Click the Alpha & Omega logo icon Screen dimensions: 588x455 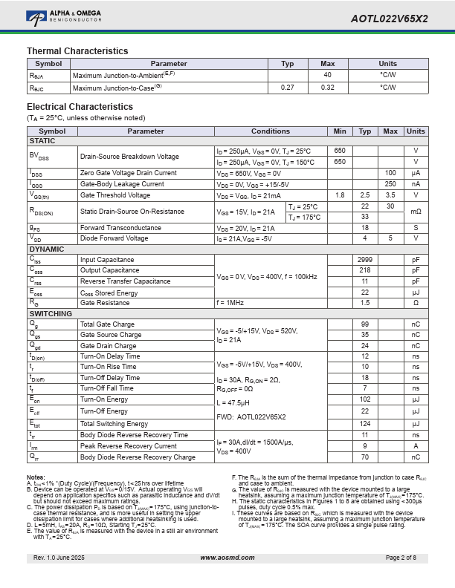tap(36, 16)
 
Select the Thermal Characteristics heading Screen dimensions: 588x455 tap(77, 50)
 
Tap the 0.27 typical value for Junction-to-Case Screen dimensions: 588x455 tap(287, 88)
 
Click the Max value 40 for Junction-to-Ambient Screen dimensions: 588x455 tap(327, 75)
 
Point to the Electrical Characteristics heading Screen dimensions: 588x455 tap(80, 107)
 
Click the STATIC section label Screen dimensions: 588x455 tap(42, 140)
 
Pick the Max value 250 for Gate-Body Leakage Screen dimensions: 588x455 tap(390, 184)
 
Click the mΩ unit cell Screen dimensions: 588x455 tap(416, 212)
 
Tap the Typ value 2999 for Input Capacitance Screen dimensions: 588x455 tap(365, 260)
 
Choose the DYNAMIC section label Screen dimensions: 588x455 tap(47, 249)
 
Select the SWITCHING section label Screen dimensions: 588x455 tap(51, 314)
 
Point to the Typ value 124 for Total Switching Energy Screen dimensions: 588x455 tap(365, 424)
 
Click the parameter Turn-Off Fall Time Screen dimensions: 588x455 tap(107, 388)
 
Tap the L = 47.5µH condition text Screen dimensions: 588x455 tap(233, 402)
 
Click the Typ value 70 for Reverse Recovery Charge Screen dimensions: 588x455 tap(365, 457)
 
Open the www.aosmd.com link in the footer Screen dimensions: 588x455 tap(227, 558)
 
